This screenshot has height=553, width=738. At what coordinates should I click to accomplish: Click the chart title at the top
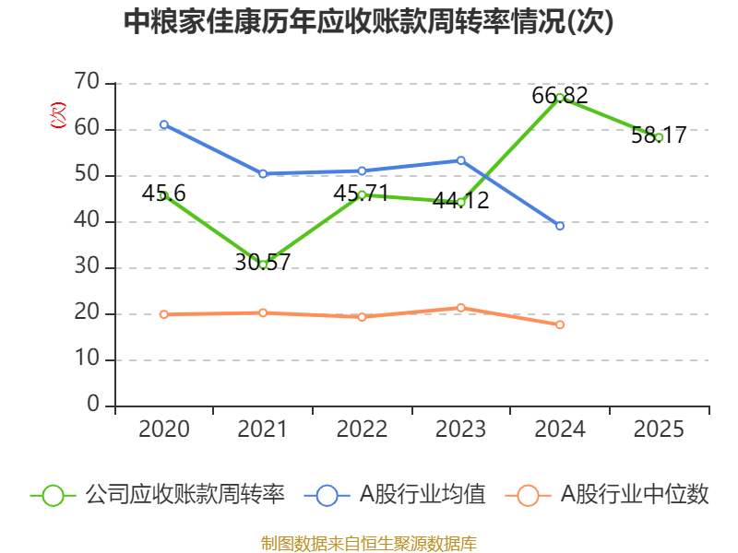coord(368,22)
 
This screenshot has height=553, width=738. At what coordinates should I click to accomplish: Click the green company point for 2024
coord(560,98)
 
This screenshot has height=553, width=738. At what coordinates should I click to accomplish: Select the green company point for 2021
coord(263,265)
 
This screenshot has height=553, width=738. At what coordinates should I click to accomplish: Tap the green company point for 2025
coord(659,137)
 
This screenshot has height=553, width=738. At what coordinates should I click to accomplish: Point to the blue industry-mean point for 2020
coord(164,124)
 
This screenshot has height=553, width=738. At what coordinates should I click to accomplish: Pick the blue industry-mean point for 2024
coord(560,226)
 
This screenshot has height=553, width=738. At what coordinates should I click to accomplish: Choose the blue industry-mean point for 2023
coord(461,160)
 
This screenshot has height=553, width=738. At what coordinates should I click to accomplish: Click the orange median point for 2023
coord(461,308)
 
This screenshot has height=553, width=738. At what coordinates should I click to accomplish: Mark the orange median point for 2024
coord(560,324)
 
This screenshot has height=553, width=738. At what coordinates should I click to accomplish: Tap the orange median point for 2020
coord(164,314)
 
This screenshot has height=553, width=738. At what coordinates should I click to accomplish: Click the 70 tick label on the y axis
coord(87,83)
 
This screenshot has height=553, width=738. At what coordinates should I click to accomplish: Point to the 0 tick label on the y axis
coord(93,405)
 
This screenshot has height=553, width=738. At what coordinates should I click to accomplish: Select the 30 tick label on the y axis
coord(87,267)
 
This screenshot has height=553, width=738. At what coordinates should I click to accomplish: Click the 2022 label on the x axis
coord(362,429)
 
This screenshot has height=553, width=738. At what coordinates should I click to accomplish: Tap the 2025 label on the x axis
coord(659,429)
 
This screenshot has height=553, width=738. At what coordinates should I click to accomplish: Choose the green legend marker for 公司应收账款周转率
coord(53,495)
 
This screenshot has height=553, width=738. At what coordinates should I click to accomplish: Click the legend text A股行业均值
coord(423,495)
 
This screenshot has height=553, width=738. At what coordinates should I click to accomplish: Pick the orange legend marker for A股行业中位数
coord(528,495)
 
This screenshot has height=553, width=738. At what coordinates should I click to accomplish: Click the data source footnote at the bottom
coord(368,543)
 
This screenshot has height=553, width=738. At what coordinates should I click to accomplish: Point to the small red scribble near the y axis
coord(58,115)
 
